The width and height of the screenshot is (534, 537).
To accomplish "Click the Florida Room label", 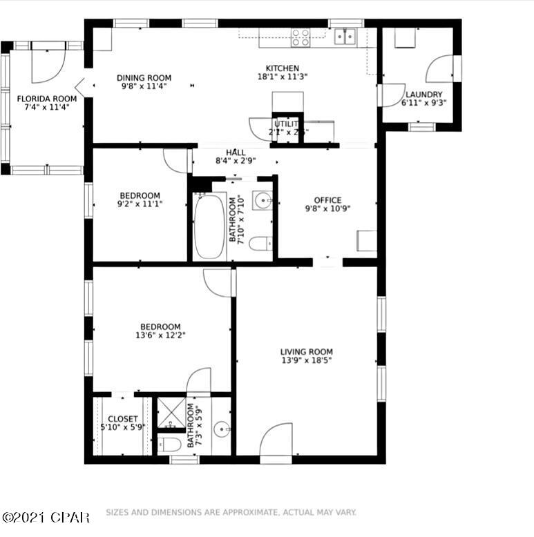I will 46,99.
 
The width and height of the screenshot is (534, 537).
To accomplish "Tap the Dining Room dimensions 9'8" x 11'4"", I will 144,87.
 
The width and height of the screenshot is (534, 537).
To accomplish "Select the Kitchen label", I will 283,68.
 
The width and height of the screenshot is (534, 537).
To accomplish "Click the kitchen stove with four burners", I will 301,37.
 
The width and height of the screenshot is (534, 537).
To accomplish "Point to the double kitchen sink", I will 345,36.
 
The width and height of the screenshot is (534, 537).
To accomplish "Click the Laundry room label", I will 423,95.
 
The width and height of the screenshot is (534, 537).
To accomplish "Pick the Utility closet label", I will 286,124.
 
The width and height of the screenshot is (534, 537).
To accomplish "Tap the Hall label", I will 236,153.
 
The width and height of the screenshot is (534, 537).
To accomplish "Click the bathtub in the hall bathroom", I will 209,226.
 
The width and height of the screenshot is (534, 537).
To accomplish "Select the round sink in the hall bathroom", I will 262,200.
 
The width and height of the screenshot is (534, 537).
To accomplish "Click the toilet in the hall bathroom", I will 261,244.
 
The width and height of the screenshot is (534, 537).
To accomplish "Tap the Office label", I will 327,200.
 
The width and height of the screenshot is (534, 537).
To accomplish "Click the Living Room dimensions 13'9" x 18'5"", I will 307,360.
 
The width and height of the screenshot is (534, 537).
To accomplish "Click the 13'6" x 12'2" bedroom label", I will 160,327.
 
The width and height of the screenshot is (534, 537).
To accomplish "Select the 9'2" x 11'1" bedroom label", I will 140,195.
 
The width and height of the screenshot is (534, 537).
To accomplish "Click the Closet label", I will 122,419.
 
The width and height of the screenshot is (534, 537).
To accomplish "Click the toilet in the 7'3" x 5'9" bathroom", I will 170,442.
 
